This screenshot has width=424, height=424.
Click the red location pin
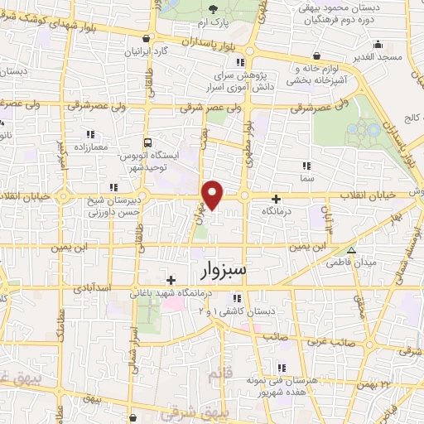coord(214,195)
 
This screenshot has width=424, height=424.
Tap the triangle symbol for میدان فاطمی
coord(351,250)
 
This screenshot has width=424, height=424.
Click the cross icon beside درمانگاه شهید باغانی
coord(171,280)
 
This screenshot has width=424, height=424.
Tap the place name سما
coord(307,178)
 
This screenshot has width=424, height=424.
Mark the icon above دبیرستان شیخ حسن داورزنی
coord(113,188)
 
